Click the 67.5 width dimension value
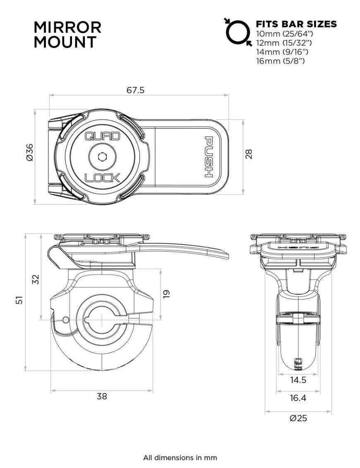(135, 90)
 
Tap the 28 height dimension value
(248, 154)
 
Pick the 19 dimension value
(166, 294)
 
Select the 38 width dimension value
(102, 396)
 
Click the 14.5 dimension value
(298, 380)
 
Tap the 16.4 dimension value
(298, 398)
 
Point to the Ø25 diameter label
(298, 418)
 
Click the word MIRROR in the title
(67, 27)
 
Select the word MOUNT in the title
(65, 42)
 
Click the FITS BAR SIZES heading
(296, 24)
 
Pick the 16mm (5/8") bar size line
(281, 61)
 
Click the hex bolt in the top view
(102, 157)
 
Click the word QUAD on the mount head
(102, 136)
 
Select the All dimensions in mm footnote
(180, 458)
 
